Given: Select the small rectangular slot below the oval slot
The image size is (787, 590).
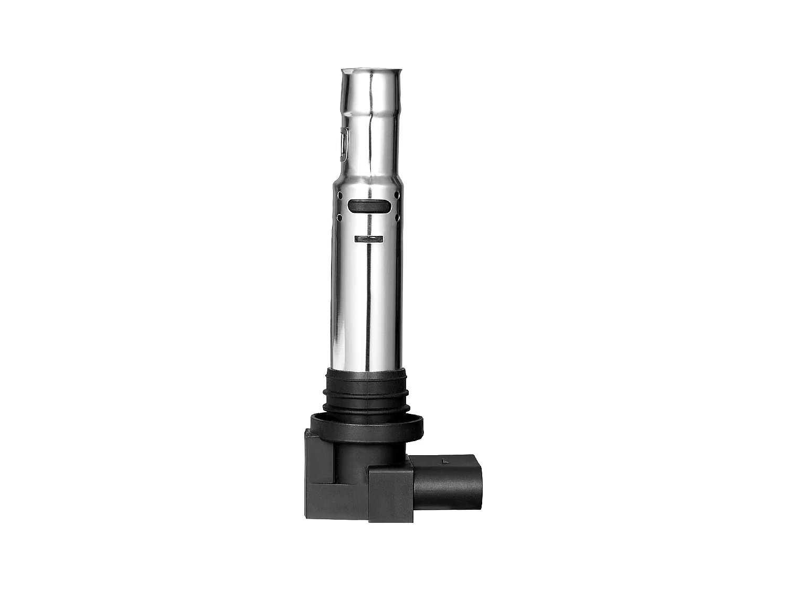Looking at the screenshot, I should [x=369, y=239].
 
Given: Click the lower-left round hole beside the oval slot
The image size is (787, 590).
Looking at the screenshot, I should [x=339, y=216].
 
